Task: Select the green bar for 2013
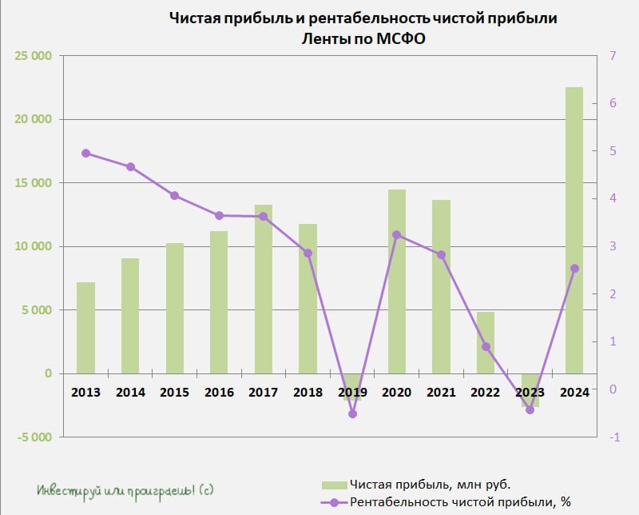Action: coord(85,328)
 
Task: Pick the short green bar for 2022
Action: coord(486,342)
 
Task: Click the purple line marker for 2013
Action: coord(85,154)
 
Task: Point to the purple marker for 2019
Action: coord(352,413)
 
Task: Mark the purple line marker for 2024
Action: coord(574,269)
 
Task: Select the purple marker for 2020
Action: coord(397,235)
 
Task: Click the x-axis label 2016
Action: coord(219,393)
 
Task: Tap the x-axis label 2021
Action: coord(441,393)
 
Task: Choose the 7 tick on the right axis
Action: coord(613,56)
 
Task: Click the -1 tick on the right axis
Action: coord(613,437)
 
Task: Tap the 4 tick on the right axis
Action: coord(613,199)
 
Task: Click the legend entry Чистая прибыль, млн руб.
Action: coord(430,485)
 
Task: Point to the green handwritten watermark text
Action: coord(125,489)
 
